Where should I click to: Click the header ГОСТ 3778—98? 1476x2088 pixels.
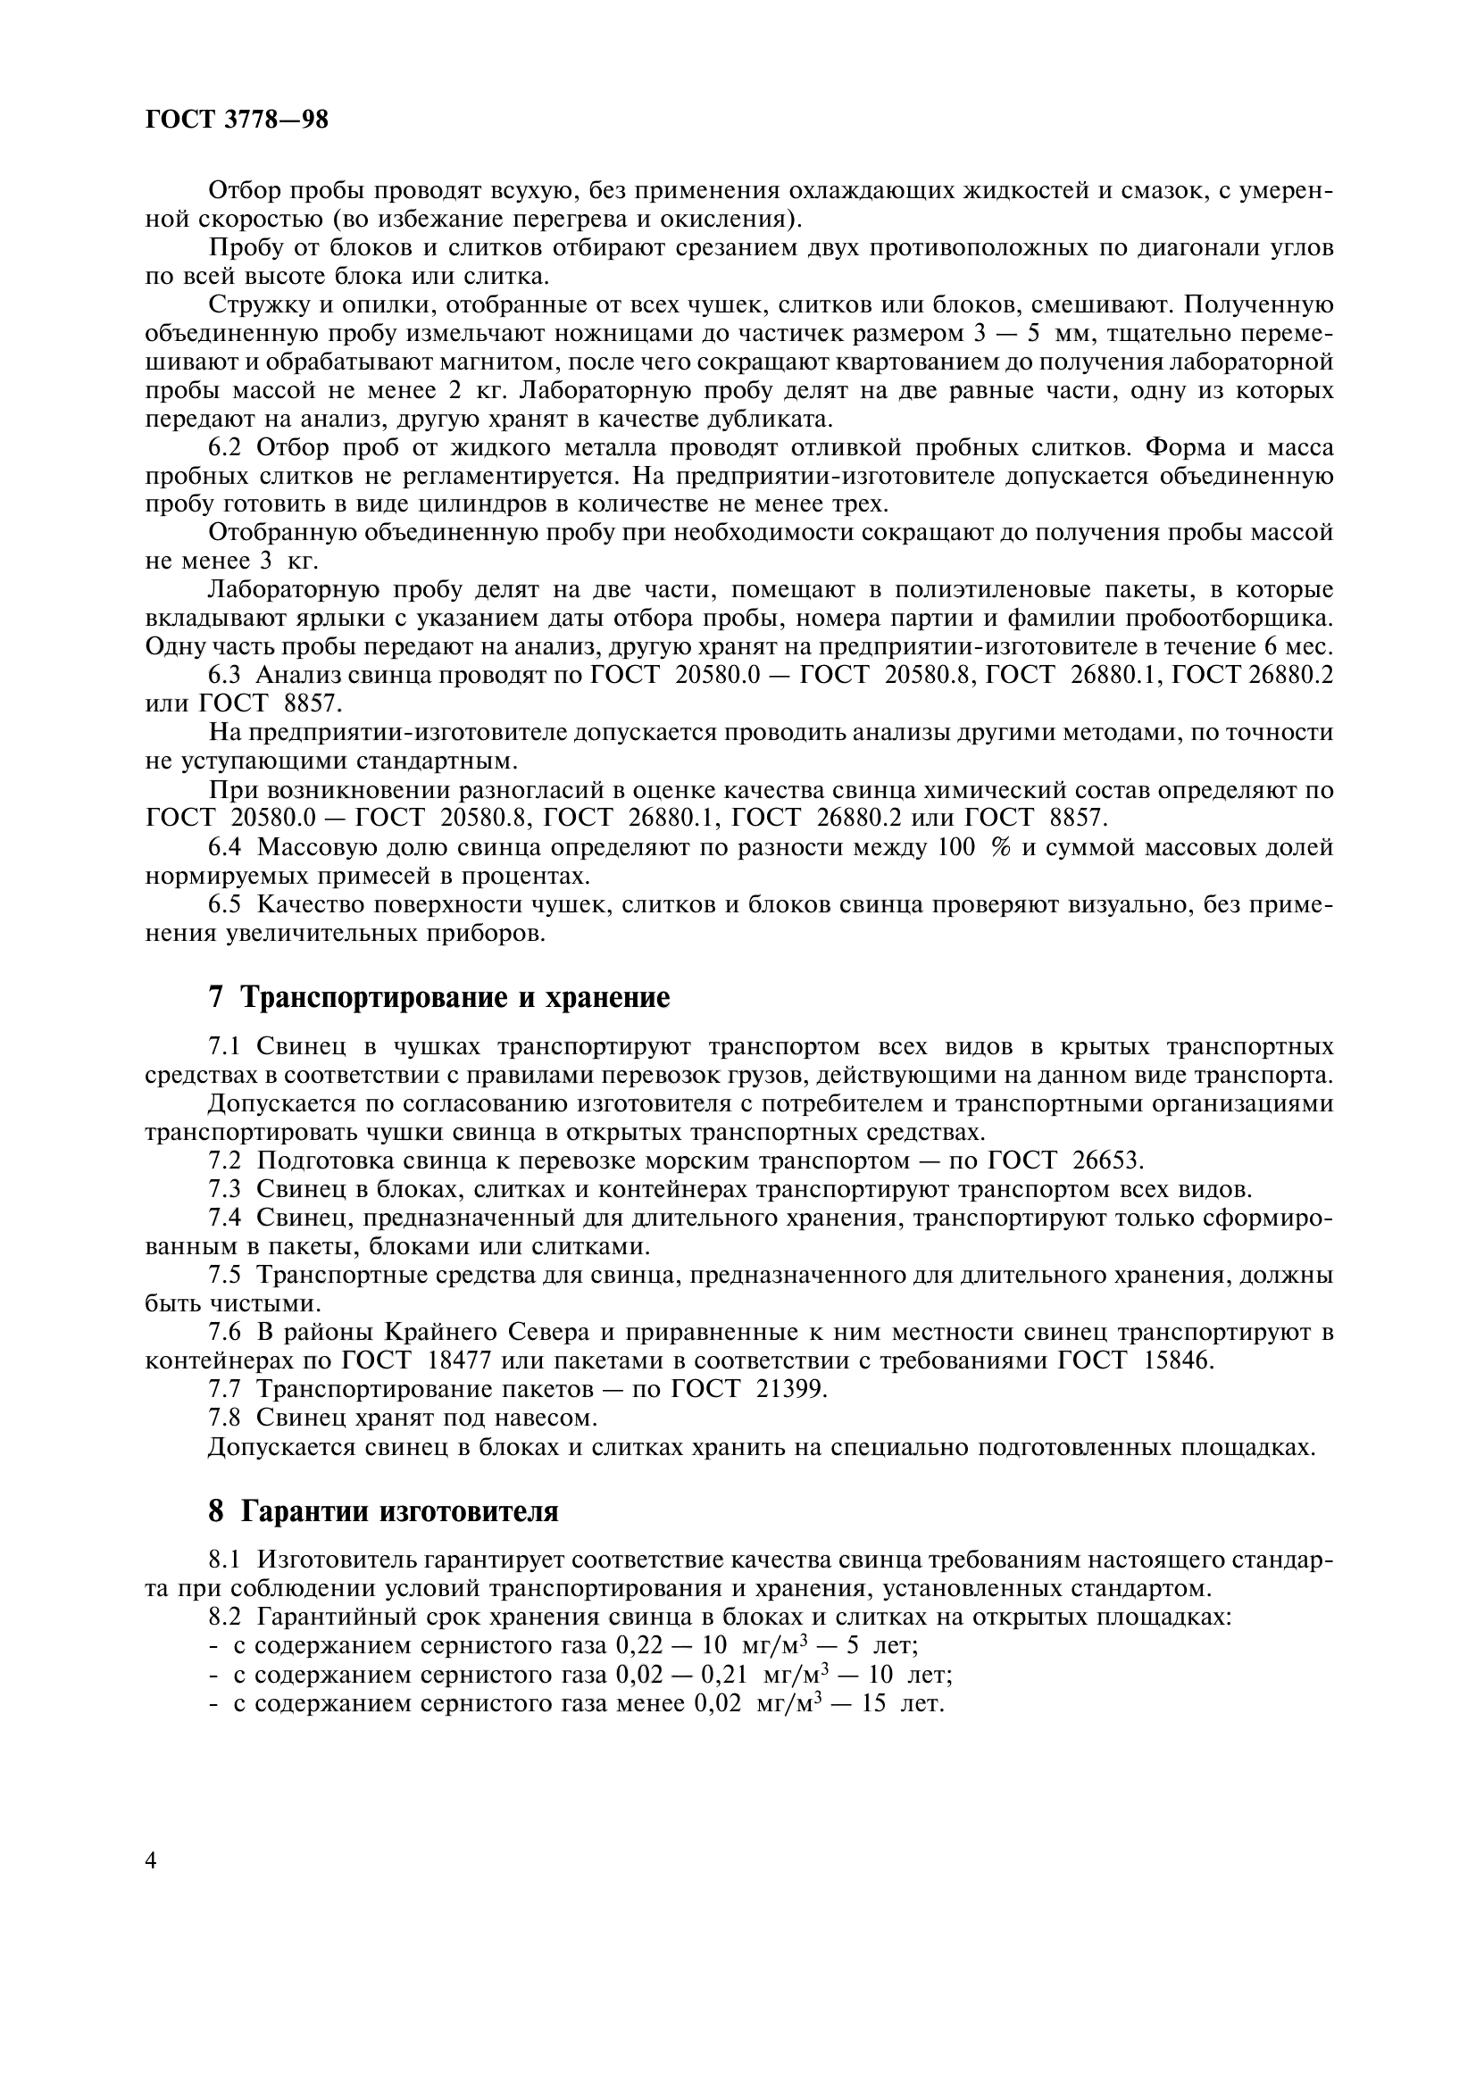tap(237, 120)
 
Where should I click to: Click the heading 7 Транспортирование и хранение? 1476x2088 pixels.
tap(439, 998)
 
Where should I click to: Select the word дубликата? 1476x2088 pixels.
tap(776, 420)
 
